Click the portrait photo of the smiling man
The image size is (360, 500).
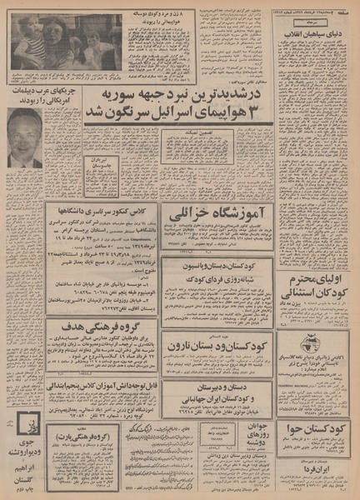(x=25, y=138)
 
